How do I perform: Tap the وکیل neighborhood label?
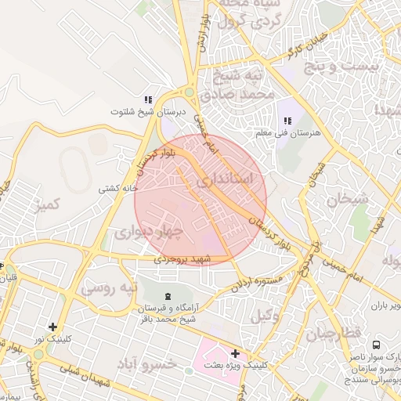coord(265,316)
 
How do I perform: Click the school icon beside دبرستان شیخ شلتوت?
coord(147,99)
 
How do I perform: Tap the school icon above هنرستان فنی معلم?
coord(287,121)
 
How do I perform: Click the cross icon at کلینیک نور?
coord(52,327)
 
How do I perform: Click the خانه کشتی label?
coord(117,189)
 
